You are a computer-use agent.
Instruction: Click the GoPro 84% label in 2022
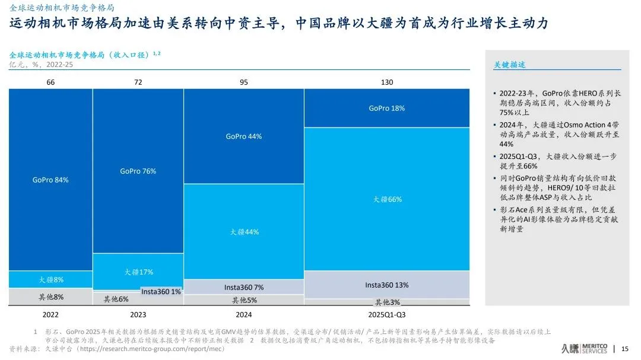coord(50,180)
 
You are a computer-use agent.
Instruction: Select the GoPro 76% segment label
coord(138,171)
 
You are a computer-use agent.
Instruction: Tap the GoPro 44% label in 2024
coord(243,136)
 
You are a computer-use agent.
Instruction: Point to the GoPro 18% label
coord(386,109)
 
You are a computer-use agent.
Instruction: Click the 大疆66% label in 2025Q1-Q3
coord(387,200)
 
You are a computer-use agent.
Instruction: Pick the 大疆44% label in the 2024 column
coord(244,232)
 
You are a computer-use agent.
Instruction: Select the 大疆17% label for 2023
coord(138,272)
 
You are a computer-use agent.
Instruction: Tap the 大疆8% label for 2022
coord(51,279)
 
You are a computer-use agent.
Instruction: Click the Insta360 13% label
coord(386,285)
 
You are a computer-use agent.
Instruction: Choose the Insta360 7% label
coord(244,287)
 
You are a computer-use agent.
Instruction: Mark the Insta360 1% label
coord(161,291)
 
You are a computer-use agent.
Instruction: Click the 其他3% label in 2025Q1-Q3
coord(387,302)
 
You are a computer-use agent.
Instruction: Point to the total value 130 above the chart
coord(386,82)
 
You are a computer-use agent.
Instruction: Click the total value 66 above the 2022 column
coord(50,82)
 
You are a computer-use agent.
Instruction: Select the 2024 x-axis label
coord(244,314)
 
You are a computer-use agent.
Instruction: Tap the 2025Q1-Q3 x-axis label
coord(387,314)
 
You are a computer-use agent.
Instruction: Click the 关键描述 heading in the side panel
coord(510,65)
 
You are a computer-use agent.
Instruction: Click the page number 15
coord(624,349)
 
